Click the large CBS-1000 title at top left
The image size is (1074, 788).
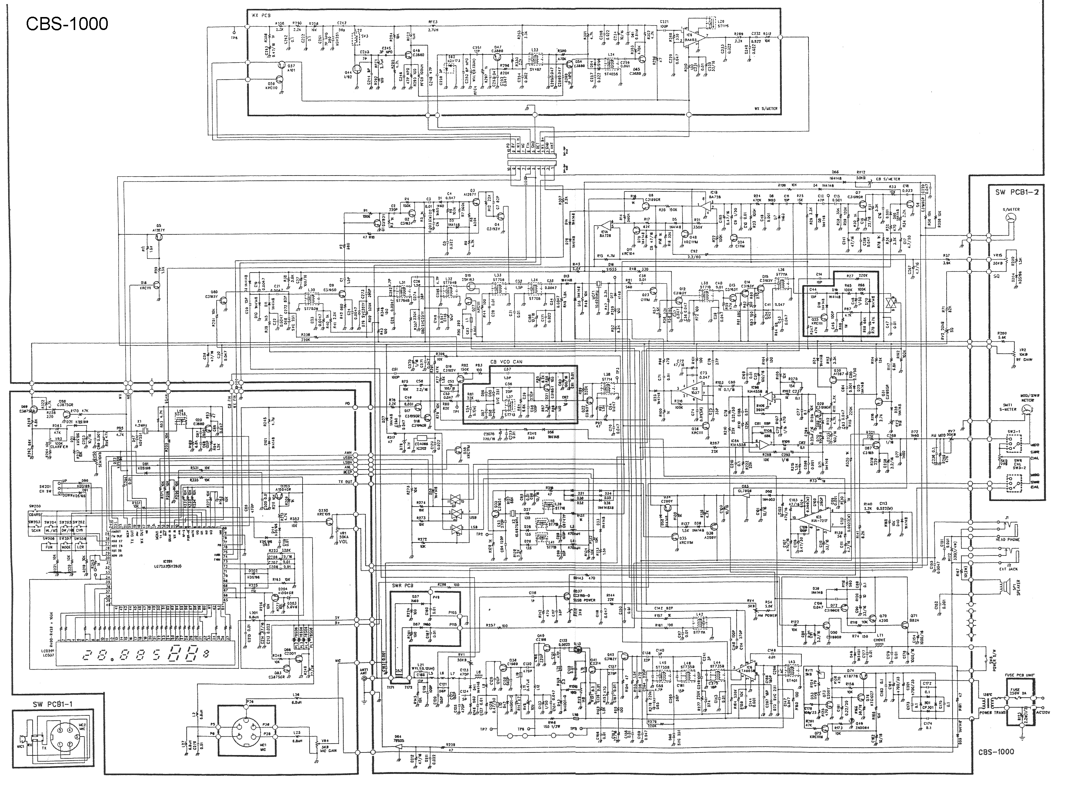click(67, 23)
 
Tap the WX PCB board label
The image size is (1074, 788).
click(261, 15)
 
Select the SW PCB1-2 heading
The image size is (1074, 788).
click(1016, 192)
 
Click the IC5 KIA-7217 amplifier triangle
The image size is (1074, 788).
click(817, 520)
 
